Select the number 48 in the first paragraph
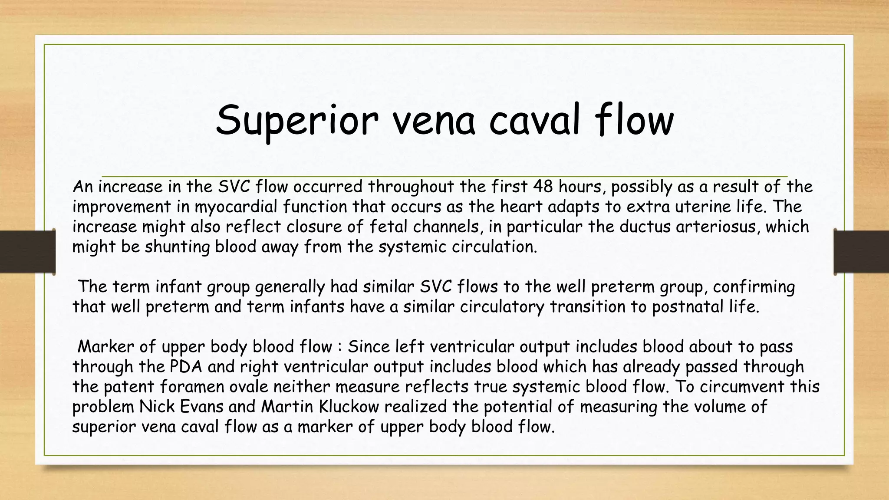click(543, 187)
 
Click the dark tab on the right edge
click(861, 252)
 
